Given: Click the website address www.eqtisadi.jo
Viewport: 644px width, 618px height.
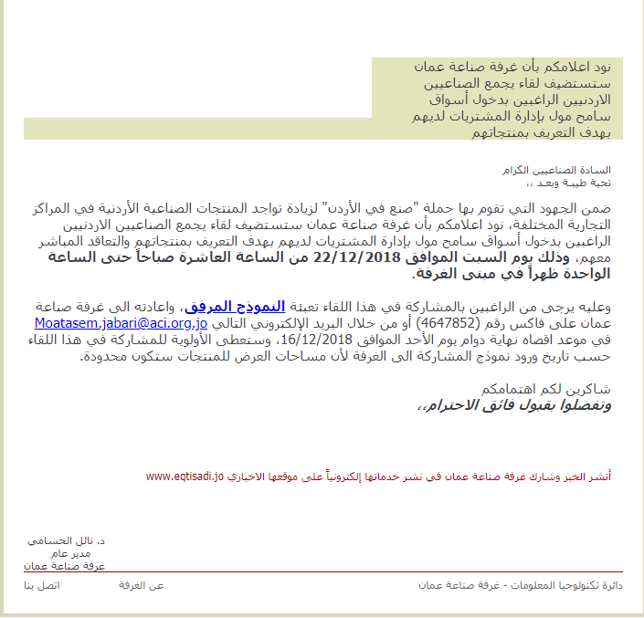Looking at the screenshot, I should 185,477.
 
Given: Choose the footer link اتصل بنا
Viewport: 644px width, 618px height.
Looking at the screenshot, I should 41,584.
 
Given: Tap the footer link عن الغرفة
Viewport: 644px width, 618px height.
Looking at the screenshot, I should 142,584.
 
